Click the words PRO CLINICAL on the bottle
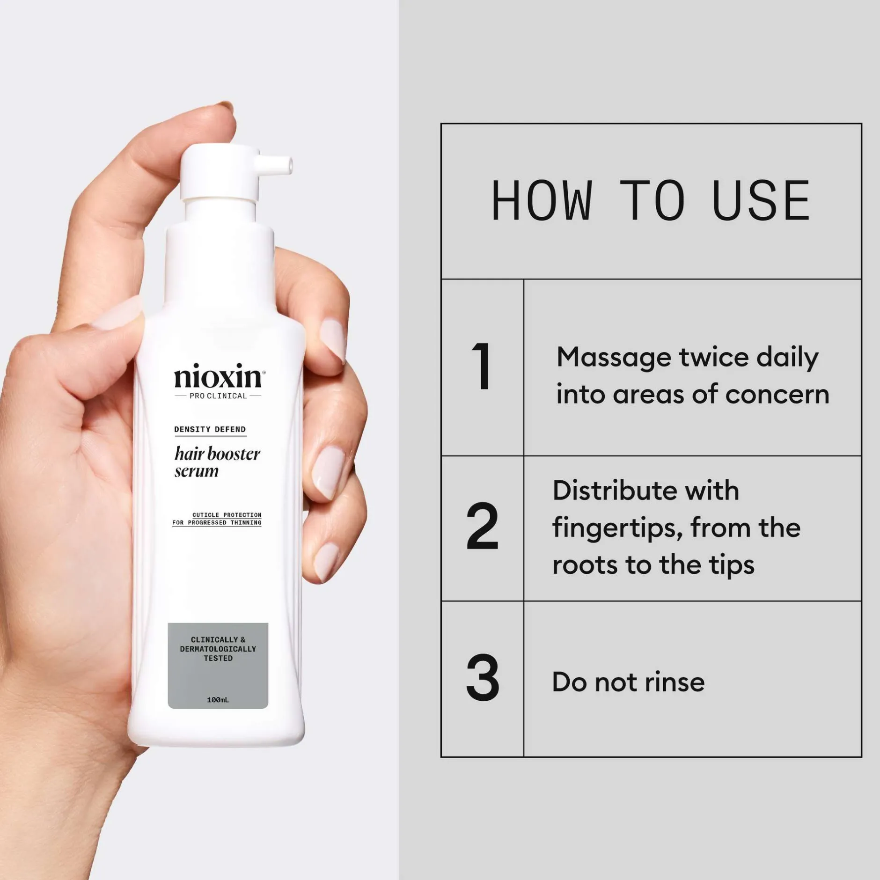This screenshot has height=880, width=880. (218, 396)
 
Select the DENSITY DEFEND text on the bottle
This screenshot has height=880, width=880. (210, 429)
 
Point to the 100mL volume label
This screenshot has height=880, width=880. (218, 700)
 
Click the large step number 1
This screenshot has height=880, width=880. (482, 366)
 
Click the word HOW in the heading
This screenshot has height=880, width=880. (542, 200)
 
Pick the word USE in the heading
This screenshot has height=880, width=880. (761, 200)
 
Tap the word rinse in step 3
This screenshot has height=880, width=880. (675, 682)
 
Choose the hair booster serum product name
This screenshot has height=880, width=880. (217, 462)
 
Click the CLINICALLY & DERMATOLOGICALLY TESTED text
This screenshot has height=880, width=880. (218, 649)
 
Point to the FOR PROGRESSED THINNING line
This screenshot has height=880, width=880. (217, 522)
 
